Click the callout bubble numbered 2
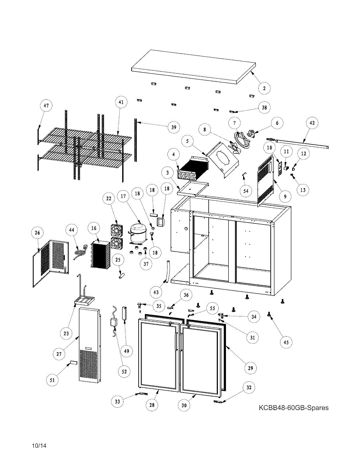click(264, 89)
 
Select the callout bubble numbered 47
click(46, 106)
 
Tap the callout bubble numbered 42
click(312, 123)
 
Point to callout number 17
click(123, 197)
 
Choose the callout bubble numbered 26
click(37, 233)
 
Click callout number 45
click(286, 342)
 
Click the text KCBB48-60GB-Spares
click(294, 408)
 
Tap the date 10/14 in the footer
click(39, 446)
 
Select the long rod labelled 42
click(299, 143)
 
